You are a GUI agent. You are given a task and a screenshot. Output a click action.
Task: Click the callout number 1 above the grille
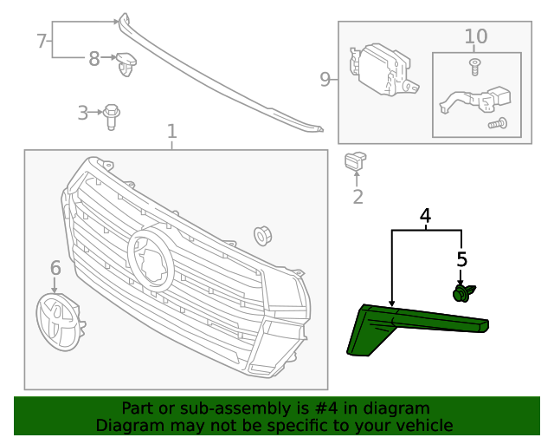172,131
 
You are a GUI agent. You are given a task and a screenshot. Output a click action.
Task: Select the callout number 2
358,197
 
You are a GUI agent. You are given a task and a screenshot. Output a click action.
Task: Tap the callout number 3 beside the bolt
83,113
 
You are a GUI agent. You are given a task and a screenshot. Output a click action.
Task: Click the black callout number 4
425,215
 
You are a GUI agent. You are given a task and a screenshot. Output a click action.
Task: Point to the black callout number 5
461,258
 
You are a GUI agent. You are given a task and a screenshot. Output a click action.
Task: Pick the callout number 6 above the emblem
55,267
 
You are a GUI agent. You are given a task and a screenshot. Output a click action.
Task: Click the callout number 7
41,41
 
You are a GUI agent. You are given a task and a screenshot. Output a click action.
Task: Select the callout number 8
94,58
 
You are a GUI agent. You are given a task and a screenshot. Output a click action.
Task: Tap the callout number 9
325,80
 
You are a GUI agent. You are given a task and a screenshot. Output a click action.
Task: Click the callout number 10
476,36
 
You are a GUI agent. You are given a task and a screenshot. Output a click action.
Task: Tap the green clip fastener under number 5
463,293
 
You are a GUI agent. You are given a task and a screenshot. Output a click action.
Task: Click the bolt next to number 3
111,115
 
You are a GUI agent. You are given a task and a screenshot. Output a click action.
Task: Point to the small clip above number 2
356,161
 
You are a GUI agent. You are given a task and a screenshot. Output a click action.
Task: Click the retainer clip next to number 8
129,62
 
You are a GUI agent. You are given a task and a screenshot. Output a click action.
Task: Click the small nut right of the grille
261,235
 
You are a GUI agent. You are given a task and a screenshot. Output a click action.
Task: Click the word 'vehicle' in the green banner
422,425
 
